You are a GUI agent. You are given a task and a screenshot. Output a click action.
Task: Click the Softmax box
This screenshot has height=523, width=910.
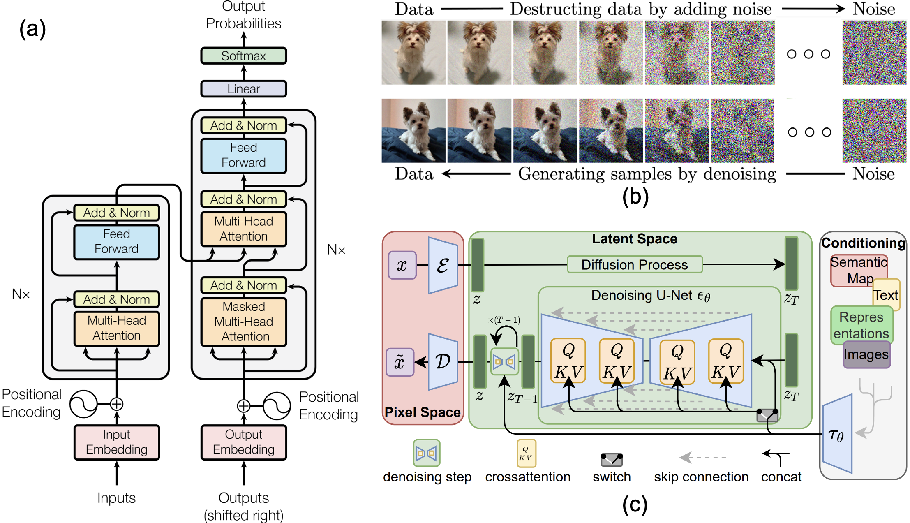(243, 56)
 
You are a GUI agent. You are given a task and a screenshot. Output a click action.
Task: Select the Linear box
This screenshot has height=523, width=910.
(243, 89)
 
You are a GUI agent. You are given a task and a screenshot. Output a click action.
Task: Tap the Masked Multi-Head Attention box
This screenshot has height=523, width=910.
(243, 322)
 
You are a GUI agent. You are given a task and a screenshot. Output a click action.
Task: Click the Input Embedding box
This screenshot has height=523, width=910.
(117, 442)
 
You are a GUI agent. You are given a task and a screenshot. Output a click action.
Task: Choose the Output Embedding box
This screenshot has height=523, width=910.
(243, 442)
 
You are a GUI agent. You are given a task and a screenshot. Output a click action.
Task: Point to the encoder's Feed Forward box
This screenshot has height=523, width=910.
(117, 242)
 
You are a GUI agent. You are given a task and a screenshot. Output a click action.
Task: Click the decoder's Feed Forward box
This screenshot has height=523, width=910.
(243, 155)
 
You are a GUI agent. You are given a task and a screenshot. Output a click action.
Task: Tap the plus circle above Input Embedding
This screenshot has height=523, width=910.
(117, 404)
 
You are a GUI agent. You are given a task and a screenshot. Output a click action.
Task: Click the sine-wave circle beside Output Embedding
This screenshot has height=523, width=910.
(277, 406)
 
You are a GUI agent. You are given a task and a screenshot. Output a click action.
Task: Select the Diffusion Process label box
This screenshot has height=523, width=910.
(635, 264)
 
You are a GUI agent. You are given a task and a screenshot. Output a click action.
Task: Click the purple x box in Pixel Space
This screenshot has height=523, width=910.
(402, 265)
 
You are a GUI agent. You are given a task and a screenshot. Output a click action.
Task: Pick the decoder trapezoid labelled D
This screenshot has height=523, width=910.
(443, 362)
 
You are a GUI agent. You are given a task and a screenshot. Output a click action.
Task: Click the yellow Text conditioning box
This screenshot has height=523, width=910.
(887, 295)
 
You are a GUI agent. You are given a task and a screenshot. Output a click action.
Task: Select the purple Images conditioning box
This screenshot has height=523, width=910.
(866, 354)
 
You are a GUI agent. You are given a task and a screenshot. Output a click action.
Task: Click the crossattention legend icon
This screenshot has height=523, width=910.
(526, 454)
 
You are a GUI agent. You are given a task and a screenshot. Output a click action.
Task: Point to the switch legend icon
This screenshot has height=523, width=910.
(612, 460)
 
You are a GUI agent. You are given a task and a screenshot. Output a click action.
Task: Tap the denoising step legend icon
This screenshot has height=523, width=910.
(427, 453)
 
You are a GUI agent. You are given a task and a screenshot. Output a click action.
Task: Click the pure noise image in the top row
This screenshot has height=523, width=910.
(874, 53)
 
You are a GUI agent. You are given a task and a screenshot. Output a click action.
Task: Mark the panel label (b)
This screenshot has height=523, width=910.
(635, 197)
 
